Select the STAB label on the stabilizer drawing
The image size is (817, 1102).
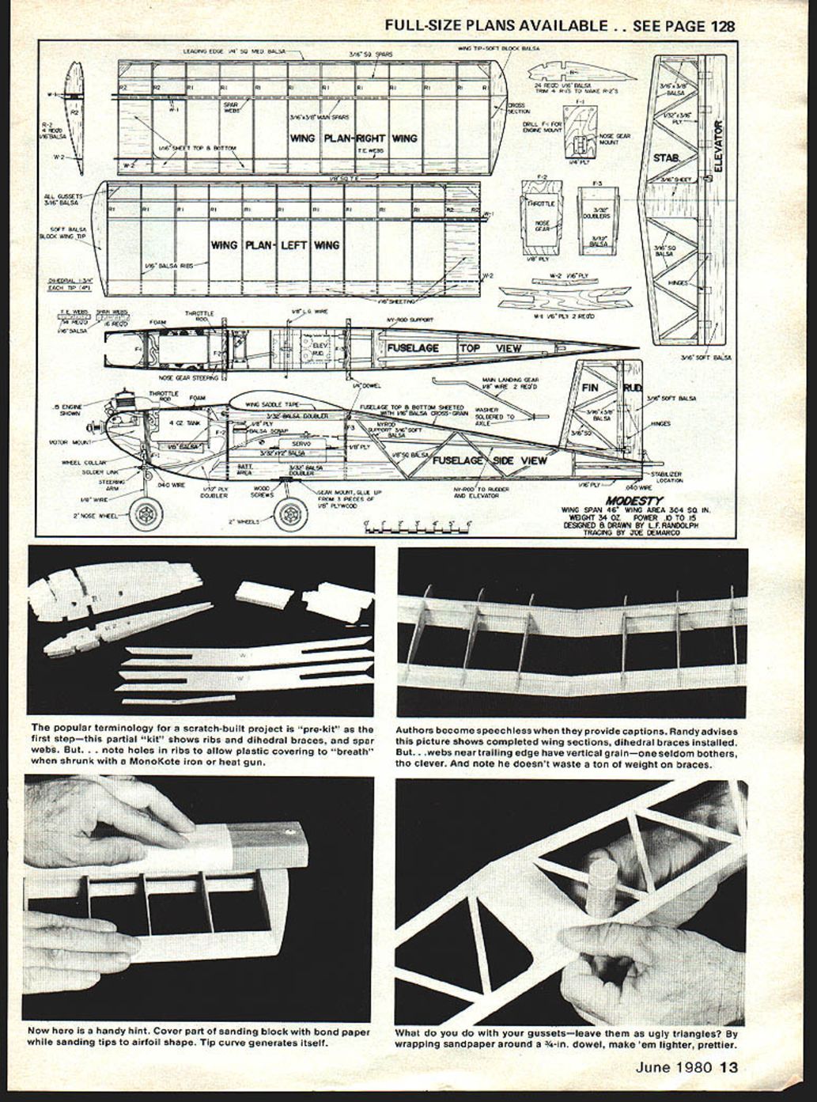click(x=666, y=158)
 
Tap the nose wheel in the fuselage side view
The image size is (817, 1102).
click(x=146, y=514)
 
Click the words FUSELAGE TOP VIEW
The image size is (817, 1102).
click(x=454, y=348)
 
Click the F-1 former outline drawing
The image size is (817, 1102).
click(x=581, y=131)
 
